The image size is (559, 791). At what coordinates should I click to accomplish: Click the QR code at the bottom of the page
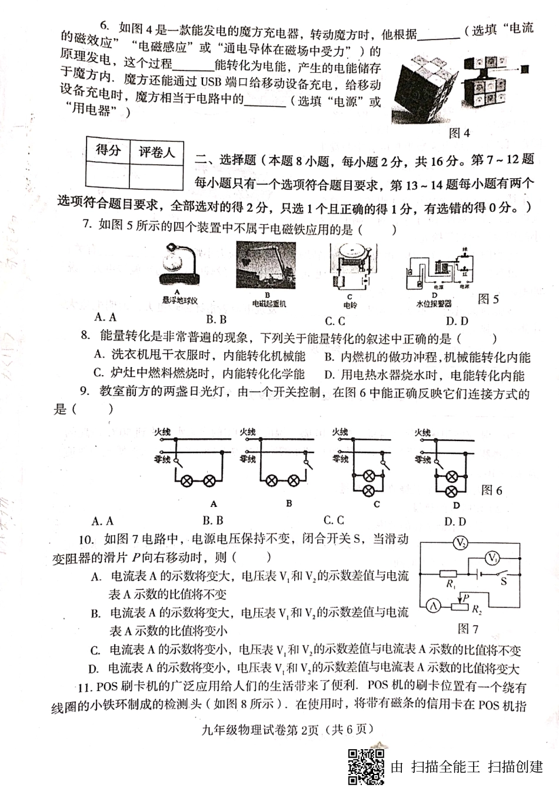pyautogui.click(x=366, y=766)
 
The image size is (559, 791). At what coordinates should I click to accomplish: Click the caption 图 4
pyautogui.click(x=459, y=133)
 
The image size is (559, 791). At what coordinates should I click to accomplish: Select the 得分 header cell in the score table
pyautogui.click(x=108, y=151)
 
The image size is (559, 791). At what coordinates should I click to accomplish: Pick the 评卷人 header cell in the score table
pyautogui.click(x=157, y=152)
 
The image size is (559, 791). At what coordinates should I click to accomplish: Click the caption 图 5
pyautogui.click(x=488, y=299)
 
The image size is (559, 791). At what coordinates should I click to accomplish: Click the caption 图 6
pyautogui.click(x=492, y=490)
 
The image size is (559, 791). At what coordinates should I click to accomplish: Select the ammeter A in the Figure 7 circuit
pyautogui.click(x=431, y=604)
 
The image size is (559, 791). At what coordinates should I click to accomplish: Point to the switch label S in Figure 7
pyautogui.click(x=504, y=582)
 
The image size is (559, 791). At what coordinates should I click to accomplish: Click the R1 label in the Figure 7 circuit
pyautogui.click(x=451, y=584)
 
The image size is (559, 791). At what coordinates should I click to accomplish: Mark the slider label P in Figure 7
pyautogui.click(x=465, y=597)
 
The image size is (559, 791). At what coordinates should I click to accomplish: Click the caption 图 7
pyautogui.click(x=468, y=629)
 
